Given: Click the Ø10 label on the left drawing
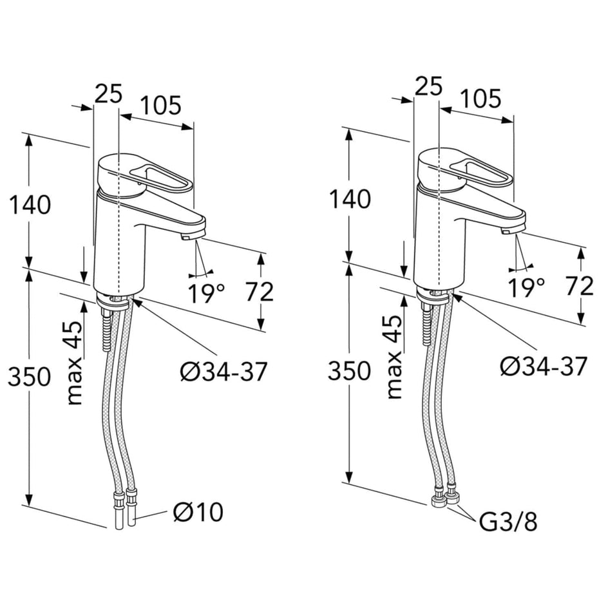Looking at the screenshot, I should [x=198, y=512].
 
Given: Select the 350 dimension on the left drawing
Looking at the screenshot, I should [x=29, y=377].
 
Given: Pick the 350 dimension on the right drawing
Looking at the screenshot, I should [x=350, y=371].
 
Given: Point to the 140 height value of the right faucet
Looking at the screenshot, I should [x=350, y=199].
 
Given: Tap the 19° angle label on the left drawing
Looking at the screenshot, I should [x=206, y=292].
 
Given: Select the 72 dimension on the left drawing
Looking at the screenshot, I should [x=260, y=292].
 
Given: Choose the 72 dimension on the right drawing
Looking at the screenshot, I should [x=578, y=286].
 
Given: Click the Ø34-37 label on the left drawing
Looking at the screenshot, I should [x=223, y=372].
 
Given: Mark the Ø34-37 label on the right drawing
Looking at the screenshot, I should [x=544, y=366].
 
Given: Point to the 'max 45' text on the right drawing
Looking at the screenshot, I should [x=395, y=357].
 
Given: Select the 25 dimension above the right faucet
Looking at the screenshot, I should [x=428, y=87].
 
